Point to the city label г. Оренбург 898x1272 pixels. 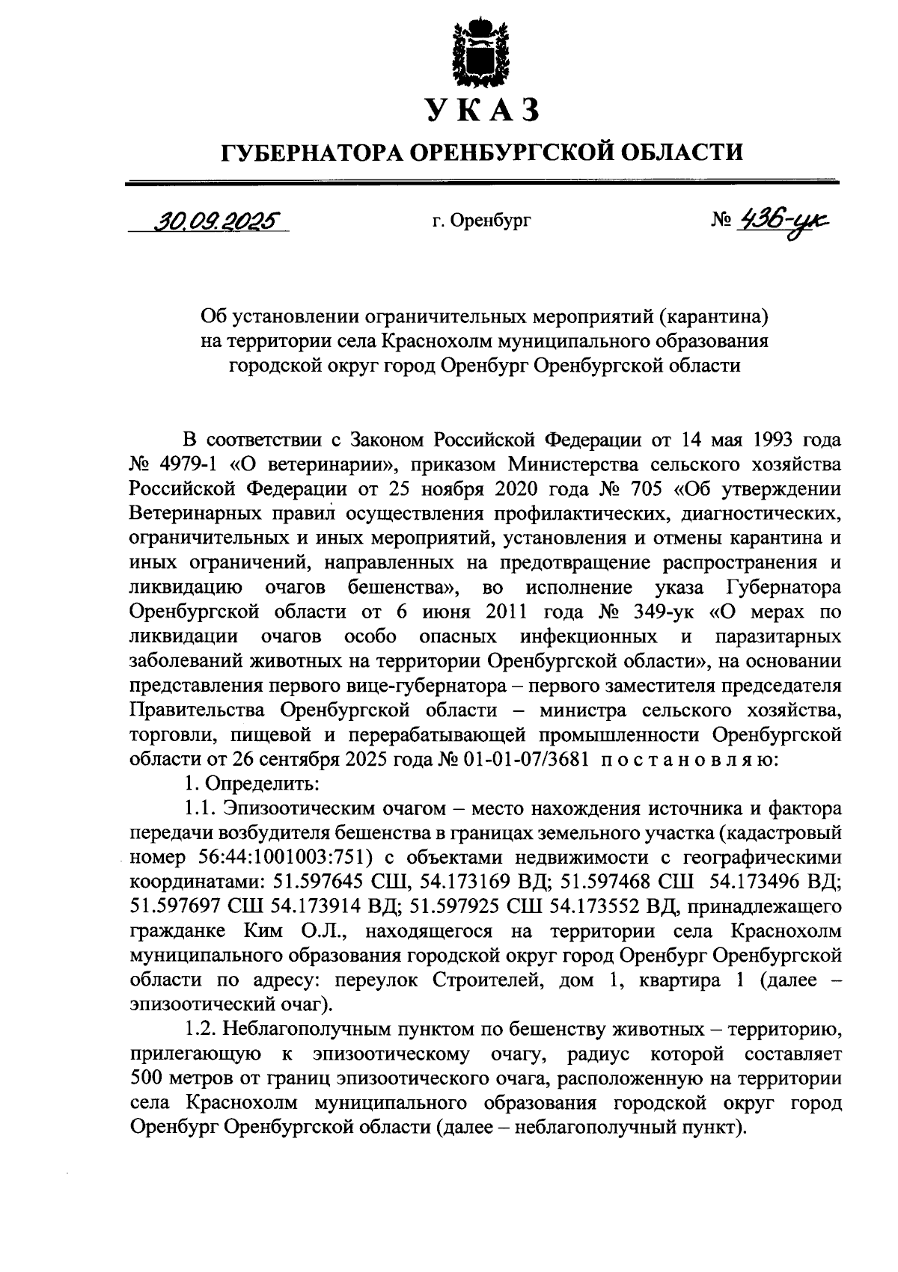tap(481, 221)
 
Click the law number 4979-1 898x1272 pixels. tap(186, 464)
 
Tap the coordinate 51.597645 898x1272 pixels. tap(299, 882)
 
